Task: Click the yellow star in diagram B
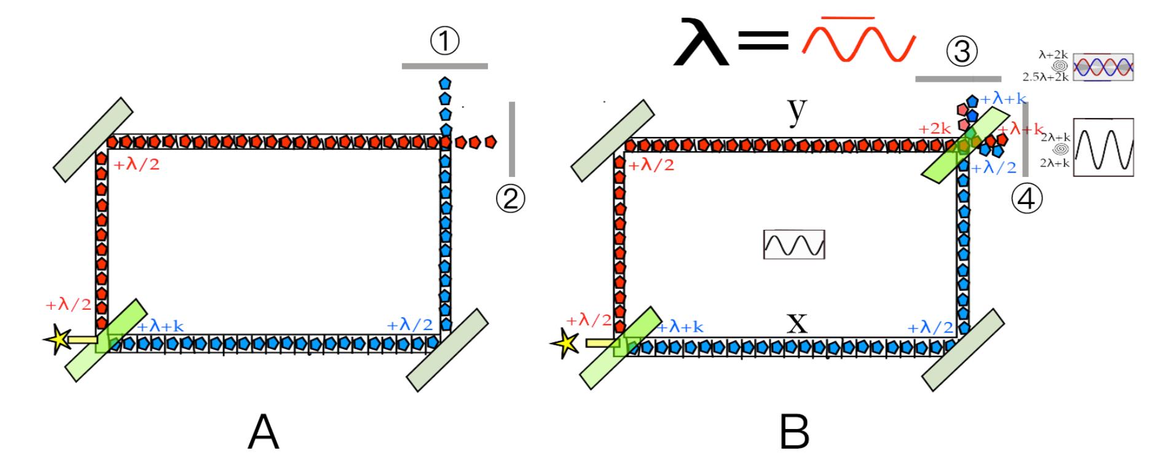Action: (x=566, y=344)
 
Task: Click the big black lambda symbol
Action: (x=701, y=42)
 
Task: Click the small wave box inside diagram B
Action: (x=793, y=245)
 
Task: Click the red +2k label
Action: (x=934, y=129)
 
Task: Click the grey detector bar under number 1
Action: (x=444, y=66)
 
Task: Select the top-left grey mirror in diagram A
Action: (x=92, y=140)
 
